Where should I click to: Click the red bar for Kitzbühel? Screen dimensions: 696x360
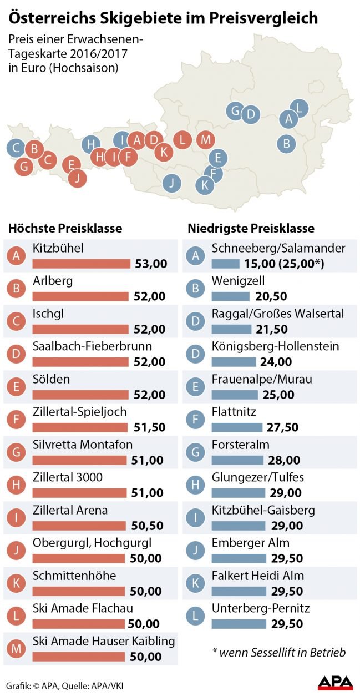pyautogui.click(x=82, y=263)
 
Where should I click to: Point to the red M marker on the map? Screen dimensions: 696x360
pyautogui.click(x=205, y=139)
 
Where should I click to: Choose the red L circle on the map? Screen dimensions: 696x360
pyautogui.click(x=182, y=139)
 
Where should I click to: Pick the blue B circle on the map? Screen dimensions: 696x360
pyautogui.click(x=286, y=143)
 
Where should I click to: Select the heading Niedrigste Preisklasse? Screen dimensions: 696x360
pyautogui.click(x=251, y=228)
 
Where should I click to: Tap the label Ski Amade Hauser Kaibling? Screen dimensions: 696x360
pyautogui.click(x=104, y=641)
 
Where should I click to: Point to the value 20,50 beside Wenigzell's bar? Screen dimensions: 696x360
pyautogui.click(x=272, y=296)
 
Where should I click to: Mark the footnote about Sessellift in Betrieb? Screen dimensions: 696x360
pyautogui.click(x=278, y=652)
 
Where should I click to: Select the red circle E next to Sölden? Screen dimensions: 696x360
pyautogui.click(x=18, y=386)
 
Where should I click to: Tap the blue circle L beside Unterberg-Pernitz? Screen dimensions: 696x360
pyautogui.click(x=195, y=615)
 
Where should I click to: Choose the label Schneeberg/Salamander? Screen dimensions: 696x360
pyautogui.click(x=278, y=248)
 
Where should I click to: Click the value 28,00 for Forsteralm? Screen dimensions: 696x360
pyautogui.click(x=285, y=460)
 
